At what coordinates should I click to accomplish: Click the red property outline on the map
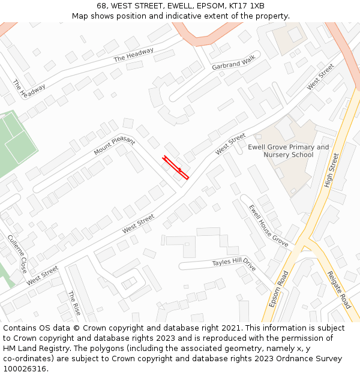[175, 168]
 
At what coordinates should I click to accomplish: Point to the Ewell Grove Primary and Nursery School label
[289, 151]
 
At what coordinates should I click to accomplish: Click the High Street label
[331, 170]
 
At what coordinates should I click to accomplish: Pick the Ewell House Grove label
[268, 226]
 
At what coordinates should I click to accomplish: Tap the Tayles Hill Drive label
[234, 263]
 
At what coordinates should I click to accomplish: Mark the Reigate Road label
[338, 290]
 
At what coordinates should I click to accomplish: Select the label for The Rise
[74, 304]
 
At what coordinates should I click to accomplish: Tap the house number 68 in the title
[101, 5]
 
